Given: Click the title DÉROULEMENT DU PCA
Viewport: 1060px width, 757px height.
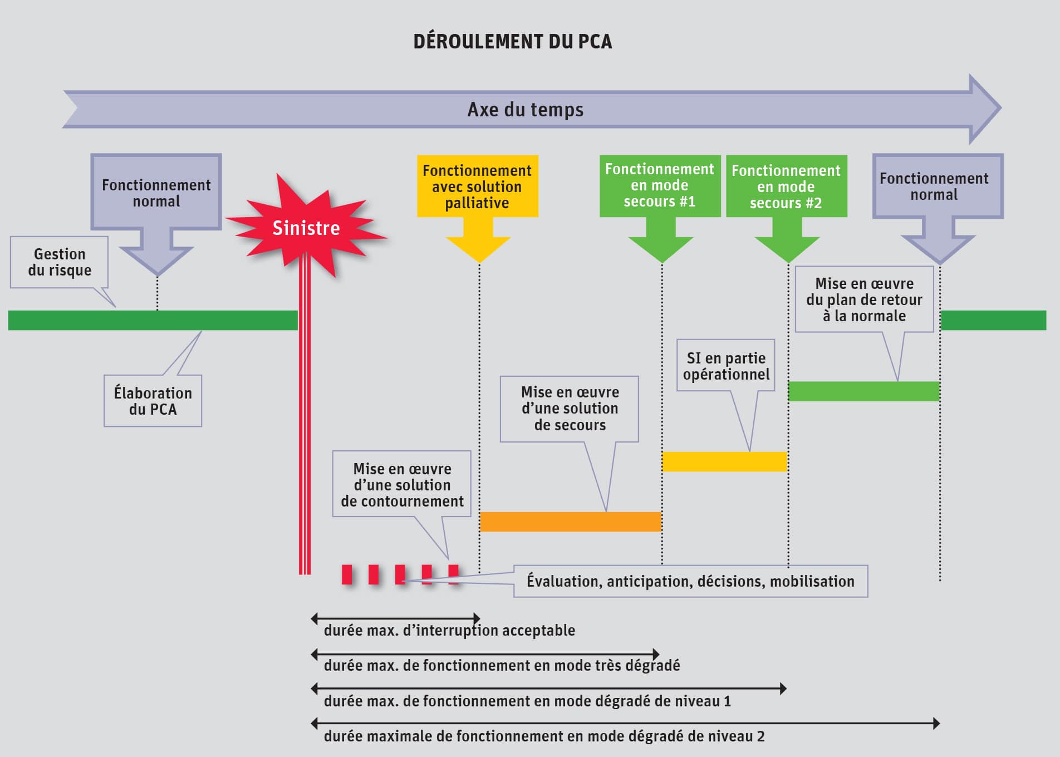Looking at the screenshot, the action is click(512, 42).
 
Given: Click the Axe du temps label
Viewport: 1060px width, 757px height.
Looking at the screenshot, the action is click(526, 110).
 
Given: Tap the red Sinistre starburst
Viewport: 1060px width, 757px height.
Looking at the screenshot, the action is click(306, 228).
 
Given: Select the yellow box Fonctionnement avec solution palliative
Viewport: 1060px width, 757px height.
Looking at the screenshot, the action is click(478, 186).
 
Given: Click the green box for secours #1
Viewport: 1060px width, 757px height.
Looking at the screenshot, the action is click(660, 185).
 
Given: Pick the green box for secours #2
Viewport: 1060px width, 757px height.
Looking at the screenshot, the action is click(786, 186).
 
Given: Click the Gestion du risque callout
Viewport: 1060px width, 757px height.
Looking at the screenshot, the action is click(60, 262).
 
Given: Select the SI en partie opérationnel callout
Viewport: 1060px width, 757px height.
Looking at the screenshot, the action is click(726, 366).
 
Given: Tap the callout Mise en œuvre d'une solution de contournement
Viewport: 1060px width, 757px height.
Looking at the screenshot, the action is click(402, 484).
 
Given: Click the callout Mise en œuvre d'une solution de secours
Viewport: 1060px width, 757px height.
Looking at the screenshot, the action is click(570, 409).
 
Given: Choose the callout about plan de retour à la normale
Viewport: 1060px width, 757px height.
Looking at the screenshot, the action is click(865, 299).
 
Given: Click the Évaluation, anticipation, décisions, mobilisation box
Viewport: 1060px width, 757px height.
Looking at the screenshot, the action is click(690, 581).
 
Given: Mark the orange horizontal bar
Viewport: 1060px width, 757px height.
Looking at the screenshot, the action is click(571, 522).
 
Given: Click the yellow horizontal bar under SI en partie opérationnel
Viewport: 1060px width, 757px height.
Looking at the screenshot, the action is click(724, 461).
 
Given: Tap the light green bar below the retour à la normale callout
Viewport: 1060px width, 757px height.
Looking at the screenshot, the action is click(864, 391).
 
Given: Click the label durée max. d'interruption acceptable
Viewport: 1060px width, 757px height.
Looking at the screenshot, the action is click(449, 631).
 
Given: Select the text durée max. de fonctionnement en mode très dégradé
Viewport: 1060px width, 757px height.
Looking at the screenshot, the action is click(502, 666).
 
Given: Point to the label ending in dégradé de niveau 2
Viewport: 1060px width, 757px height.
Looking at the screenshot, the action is click(544, 736).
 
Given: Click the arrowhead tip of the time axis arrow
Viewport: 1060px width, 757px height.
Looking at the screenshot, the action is click(1001, 108).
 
